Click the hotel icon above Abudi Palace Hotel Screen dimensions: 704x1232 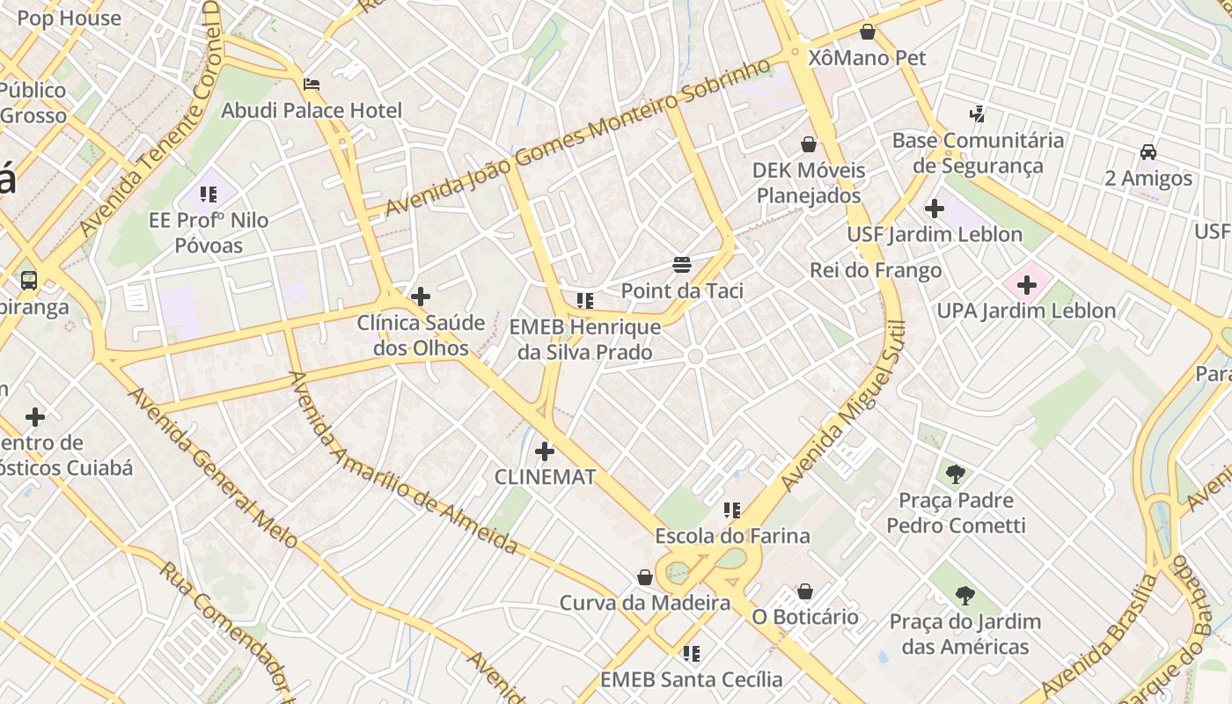pyautogui.click(x=311, y=84)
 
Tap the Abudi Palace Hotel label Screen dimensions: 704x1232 pyautogui.click(x=312, y=111)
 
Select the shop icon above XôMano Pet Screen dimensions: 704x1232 pyautogui.click(x=868, y=33)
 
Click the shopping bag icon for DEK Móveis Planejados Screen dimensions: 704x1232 pyautogui.click(x=809, y=144)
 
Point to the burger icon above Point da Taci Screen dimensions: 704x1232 pyautogui.click(x=681, y=264)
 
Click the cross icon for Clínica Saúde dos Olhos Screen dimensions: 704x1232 pyautogui.click(x=421, y=297)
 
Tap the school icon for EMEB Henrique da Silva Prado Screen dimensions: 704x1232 pyautogui.click(x=584, y=301)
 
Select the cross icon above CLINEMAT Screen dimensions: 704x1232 pyautogui.click(x=545, y=451)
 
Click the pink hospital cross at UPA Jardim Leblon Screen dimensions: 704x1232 pyautogui.click(x=1026, y=285)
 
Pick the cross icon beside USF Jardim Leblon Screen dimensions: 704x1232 pyautogui.click(x=935, y=209)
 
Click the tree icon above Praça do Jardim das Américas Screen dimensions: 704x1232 pyautogui.click(x=965, y=596)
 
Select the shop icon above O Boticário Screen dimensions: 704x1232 pyautogui.click(x=805, y=591)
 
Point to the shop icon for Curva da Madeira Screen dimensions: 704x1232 pyautogui.click(x=645, y=577)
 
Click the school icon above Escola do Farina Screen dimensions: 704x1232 pyautogui.click(x=731, y=510)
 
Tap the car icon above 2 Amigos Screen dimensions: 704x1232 pyautogui.click(x=1148, y=152)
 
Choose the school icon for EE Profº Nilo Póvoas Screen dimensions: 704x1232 pyautogui.click(x=209, y=194)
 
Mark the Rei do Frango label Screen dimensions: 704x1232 pyautogui.click(x=876, y=271)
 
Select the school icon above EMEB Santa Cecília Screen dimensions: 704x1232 pyautogui.click(x=692, y=654)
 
